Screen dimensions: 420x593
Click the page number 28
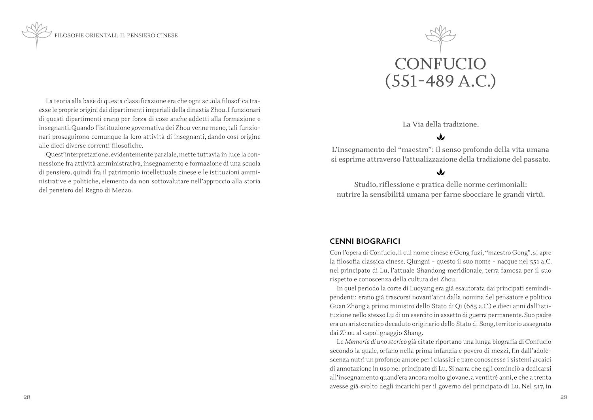coord(27,397)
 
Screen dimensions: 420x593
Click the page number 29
coord(564,397)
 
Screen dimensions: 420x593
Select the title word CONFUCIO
coord(440,64)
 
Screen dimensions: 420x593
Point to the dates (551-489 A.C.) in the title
coord(440,81)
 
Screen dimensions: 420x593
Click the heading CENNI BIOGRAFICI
coord(365,241)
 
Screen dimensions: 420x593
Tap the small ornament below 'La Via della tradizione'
coord(440,137)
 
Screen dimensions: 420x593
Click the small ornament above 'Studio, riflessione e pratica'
coord(440,172)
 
